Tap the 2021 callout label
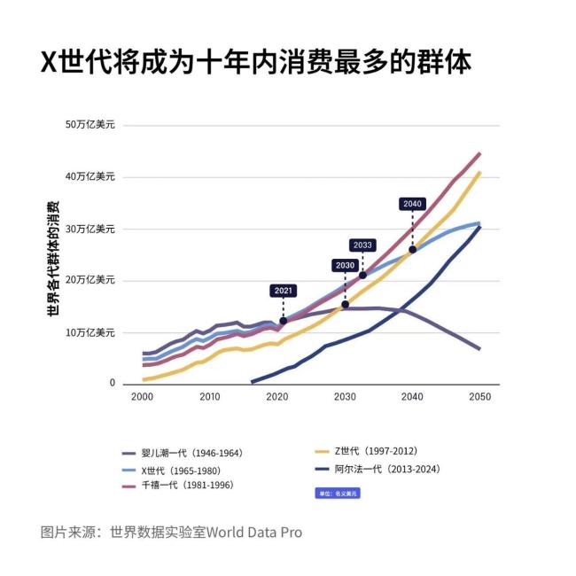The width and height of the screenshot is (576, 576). coord(283,290)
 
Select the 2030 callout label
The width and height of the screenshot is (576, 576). coord(345,265)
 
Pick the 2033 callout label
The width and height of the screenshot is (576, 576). coord(362,245)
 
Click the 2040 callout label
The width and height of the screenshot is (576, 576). coord(412,204)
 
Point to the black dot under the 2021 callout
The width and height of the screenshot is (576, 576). coord(283,321)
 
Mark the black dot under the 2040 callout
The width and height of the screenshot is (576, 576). coord(412,249)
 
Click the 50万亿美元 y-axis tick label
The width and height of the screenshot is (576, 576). coord(90,125)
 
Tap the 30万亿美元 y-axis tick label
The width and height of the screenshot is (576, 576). coord(90,229)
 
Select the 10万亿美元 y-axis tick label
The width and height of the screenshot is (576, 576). coord(90,332)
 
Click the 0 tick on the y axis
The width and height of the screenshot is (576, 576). coord(113,384)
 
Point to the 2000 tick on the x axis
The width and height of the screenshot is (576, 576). coord(142,397)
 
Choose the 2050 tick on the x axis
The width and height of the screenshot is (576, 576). coord(479,397)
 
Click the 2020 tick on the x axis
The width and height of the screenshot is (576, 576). coord(277,397)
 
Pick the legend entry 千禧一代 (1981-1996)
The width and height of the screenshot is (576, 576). coord(182,486)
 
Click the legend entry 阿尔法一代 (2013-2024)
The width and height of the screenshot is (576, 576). coord(378,469)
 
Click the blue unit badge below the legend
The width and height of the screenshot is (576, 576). coord(338,493)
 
